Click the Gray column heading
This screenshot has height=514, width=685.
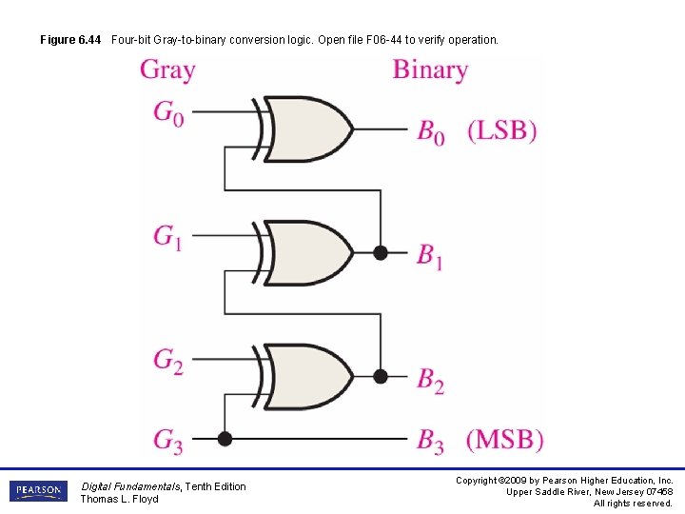(x=167, y=70)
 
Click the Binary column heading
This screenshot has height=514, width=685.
(x=430, y=70)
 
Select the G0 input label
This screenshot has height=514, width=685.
(x=168, y=112)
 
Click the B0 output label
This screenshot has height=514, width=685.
(x=430, y=131)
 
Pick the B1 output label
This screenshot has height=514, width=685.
(x=430, y=255)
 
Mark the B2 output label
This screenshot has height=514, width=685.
(x=430, y=379)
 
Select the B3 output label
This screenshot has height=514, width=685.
(x=430, y=441)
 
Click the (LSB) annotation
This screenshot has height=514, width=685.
(x=501, y=130)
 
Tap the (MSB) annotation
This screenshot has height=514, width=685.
(x=504, y=440)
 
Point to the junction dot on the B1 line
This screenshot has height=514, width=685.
(x=381, y=253)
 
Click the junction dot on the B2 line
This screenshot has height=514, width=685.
(x=381, y=376)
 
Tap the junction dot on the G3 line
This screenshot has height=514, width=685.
(x=225, y=439)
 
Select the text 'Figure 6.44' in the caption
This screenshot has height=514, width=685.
(x=70, y=40)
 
